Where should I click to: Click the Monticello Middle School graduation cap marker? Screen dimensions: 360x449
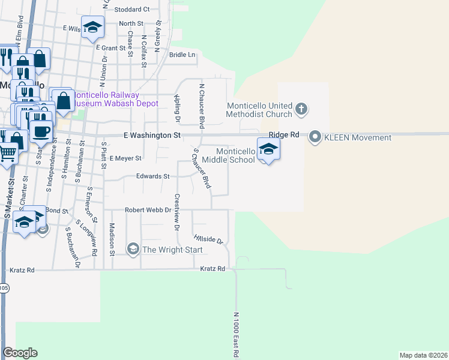coord(268,149)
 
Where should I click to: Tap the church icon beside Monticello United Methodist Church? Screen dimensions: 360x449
coord(301,110)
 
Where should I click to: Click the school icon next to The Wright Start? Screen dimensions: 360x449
coord(132,248)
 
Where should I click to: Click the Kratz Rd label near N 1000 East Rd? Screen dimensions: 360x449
coord(212,269)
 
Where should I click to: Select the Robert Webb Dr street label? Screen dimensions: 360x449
coord(148,210)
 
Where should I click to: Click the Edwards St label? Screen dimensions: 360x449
coord(153,176)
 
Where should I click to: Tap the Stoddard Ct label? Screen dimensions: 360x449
coord(131,9)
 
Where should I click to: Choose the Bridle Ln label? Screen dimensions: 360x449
coord(182,55)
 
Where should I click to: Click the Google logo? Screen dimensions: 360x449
coord(20,353)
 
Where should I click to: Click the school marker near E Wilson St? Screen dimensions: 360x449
coord(93,27)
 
